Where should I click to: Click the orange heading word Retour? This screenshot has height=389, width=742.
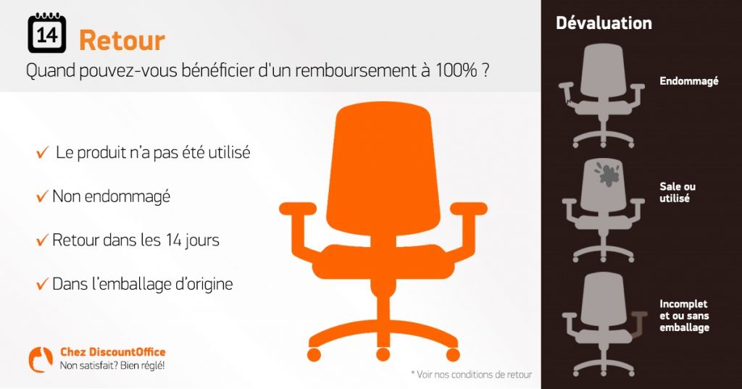coord(122,40)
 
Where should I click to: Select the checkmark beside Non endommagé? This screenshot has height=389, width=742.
coord(43,197)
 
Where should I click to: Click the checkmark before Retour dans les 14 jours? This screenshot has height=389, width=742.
coord(43,240)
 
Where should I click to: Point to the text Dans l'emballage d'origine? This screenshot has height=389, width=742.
coord(142,284)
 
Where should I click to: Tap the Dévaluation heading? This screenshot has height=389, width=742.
coord(604,23)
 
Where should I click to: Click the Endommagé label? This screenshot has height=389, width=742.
coord(688,82)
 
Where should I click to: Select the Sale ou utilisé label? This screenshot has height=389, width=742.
coord(678,192)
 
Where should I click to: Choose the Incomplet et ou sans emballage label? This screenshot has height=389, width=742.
coord(684,316)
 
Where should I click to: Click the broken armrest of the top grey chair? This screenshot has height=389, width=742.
coord(567,99)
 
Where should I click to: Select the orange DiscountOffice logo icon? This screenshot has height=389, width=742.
coord(40,359)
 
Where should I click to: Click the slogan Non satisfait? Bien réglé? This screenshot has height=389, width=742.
coord(112,365)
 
